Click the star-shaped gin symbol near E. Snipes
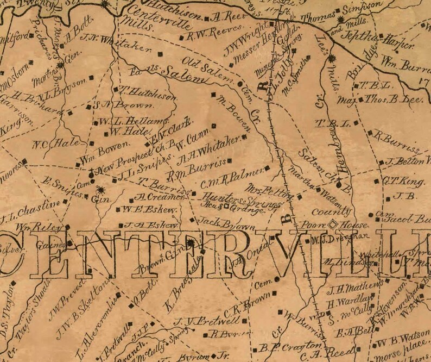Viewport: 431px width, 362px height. (100, 190)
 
